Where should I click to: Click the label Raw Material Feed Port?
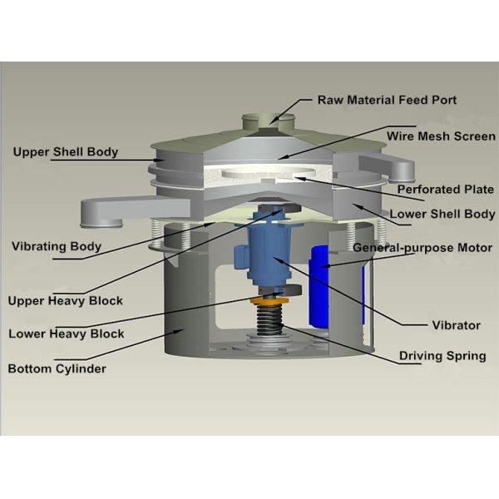386,100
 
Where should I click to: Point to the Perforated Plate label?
445,189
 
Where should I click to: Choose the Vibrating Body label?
57,246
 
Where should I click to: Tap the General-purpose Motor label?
421,248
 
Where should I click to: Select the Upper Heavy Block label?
65,300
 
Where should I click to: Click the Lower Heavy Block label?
67,333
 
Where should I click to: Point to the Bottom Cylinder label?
57,368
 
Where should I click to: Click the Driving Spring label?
442,356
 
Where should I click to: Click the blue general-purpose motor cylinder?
319,287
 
